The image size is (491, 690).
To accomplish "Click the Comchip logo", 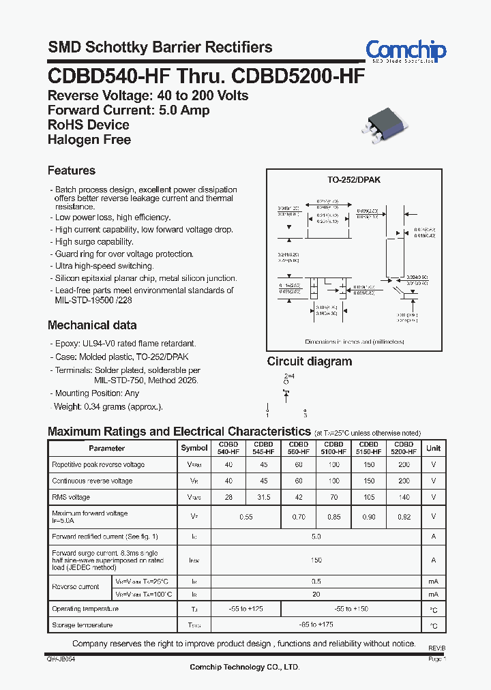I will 405,50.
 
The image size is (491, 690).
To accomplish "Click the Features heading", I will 72,170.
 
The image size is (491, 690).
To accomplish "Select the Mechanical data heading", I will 92,325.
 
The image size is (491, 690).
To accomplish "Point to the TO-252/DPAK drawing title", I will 354,179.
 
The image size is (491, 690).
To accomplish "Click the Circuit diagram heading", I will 310,361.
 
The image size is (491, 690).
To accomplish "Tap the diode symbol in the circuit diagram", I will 286,393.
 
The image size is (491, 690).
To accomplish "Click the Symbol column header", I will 194,448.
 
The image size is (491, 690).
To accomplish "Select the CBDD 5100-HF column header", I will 334,448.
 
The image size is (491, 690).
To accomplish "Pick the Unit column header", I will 433,448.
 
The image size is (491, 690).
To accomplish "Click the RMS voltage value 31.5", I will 263,498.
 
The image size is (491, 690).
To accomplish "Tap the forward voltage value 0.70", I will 299,517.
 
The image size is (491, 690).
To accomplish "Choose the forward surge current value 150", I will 316,560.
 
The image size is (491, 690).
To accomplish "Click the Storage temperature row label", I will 83,625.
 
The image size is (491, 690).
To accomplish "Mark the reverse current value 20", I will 316,594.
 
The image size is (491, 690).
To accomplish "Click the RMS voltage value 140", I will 404,498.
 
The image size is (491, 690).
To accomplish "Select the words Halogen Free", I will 89,140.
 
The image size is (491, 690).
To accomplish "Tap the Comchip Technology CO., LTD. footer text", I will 244,667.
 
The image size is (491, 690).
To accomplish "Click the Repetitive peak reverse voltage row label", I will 98,464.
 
